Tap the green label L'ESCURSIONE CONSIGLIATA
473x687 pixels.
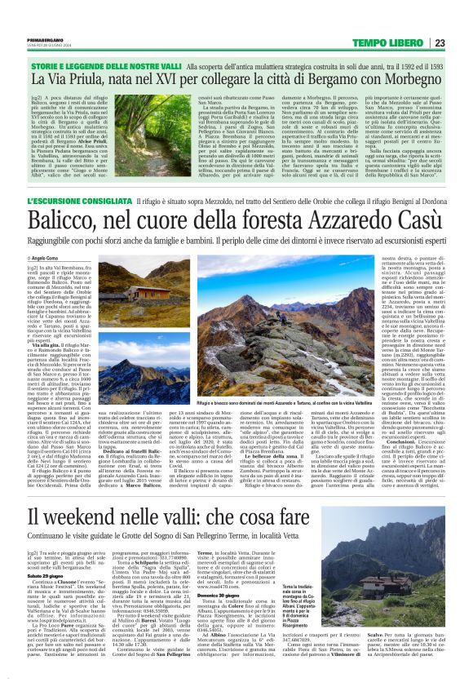(81, 200)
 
